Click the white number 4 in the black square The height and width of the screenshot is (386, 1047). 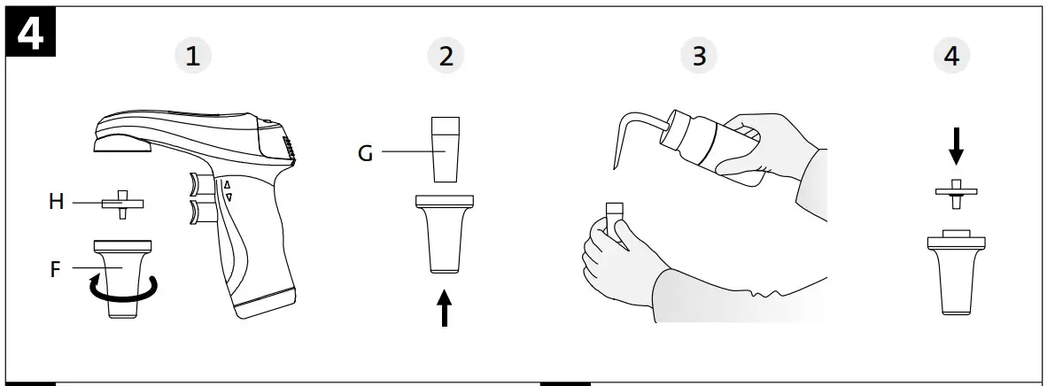[x=32, y=35]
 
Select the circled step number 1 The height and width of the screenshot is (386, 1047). [x=192, y=56]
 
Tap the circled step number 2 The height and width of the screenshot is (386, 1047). [x=446, y=56]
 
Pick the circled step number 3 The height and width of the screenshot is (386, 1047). [x=699, y=56]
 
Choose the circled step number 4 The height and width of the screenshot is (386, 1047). [x=952, y=56]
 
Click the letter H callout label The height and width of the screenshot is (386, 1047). [x=55, y=203]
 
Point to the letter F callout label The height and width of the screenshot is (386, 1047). [x=55, y=268]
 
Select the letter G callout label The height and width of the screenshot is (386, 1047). [x=365, y=152]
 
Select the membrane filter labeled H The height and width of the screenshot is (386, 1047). [x=122, y=203]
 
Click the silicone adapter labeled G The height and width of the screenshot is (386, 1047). [x=446, y=148]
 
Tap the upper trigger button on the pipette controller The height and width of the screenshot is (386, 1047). [x=199, y=184]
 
